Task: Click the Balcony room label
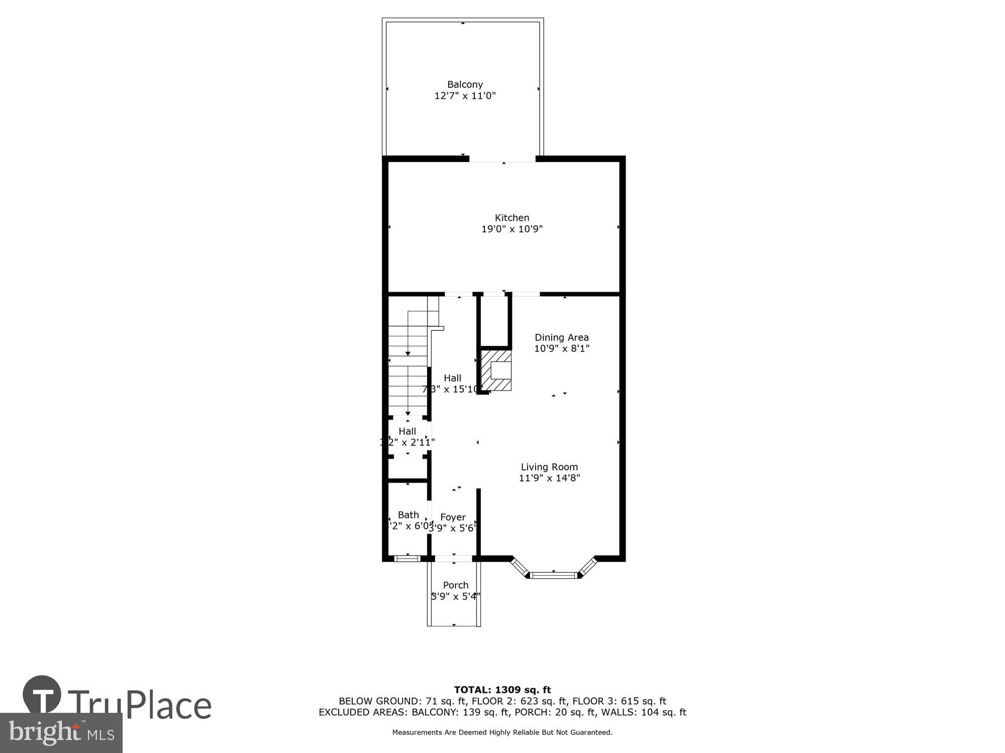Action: (465, 84)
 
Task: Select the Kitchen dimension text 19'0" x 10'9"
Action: (512, 229)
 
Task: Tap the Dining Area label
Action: (561, 337)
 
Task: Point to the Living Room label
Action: (549, 467)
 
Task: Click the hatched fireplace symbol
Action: (496, 370)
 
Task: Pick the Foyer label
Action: (453, 517)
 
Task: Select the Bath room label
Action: (408, 515)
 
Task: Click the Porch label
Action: (455, 585)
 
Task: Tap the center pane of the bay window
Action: (553, 575)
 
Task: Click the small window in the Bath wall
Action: (408, 558)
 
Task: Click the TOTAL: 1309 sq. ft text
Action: (502, 690)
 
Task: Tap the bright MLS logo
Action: (61, 733)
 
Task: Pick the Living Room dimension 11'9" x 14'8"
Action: (549, 478)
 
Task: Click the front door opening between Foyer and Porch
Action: (453, 558)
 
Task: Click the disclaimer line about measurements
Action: (502, 732)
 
